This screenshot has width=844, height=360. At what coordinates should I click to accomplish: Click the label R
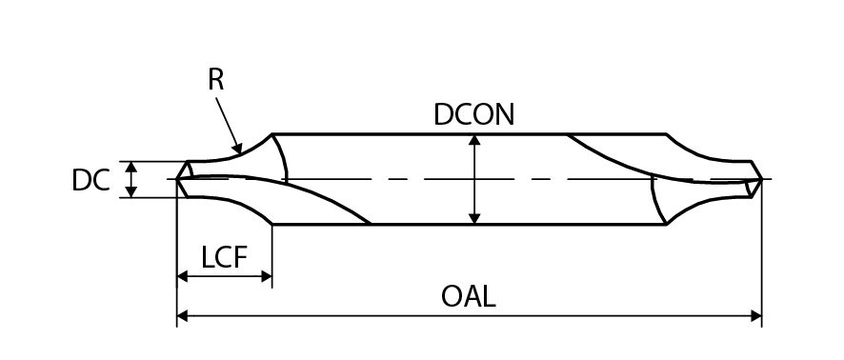216,80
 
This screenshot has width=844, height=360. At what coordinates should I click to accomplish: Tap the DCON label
474,114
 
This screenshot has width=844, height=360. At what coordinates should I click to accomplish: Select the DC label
90,180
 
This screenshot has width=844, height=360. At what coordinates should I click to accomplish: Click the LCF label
224,257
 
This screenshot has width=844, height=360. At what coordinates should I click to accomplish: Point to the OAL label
469,296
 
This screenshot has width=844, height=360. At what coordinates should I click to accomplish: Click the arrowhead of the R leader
238,148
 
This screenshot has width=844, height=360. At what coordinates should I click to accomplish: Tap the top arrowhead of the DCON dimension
474,140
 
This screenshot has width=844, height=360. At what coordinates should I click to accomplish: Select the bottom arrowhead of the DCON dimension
474,218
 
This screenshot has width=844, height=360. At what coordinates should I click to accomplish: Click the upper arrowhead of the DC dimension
131,167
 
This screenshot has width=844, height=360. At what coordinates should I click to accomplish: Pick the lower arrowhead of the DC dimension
131,191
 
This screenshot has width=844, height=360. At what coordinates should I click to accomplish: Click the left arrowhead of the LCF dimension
183,276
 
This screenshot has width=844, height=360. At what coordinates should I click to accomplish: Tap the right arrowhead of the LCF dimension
267,276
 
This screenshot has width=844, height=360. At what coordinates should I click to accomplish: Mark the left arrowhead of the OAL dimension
183,316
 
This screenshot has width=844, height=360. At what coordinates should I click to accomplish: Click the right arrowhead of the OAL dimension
756,316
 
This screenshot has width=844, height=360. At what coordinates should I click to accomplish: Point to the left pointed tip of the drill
177,179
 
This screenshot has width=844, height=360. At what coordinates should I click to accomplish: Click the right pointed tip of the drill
762,179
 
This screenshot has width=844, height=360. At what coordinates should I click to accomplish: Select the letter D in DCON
444,114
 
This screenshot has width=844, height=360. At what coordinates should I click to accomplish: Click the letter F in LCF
241,257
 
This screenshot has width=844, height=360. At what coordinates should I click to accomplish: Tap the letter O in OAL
452,296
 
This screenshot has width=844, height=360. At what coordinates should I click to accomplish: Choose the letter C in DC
101,180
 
